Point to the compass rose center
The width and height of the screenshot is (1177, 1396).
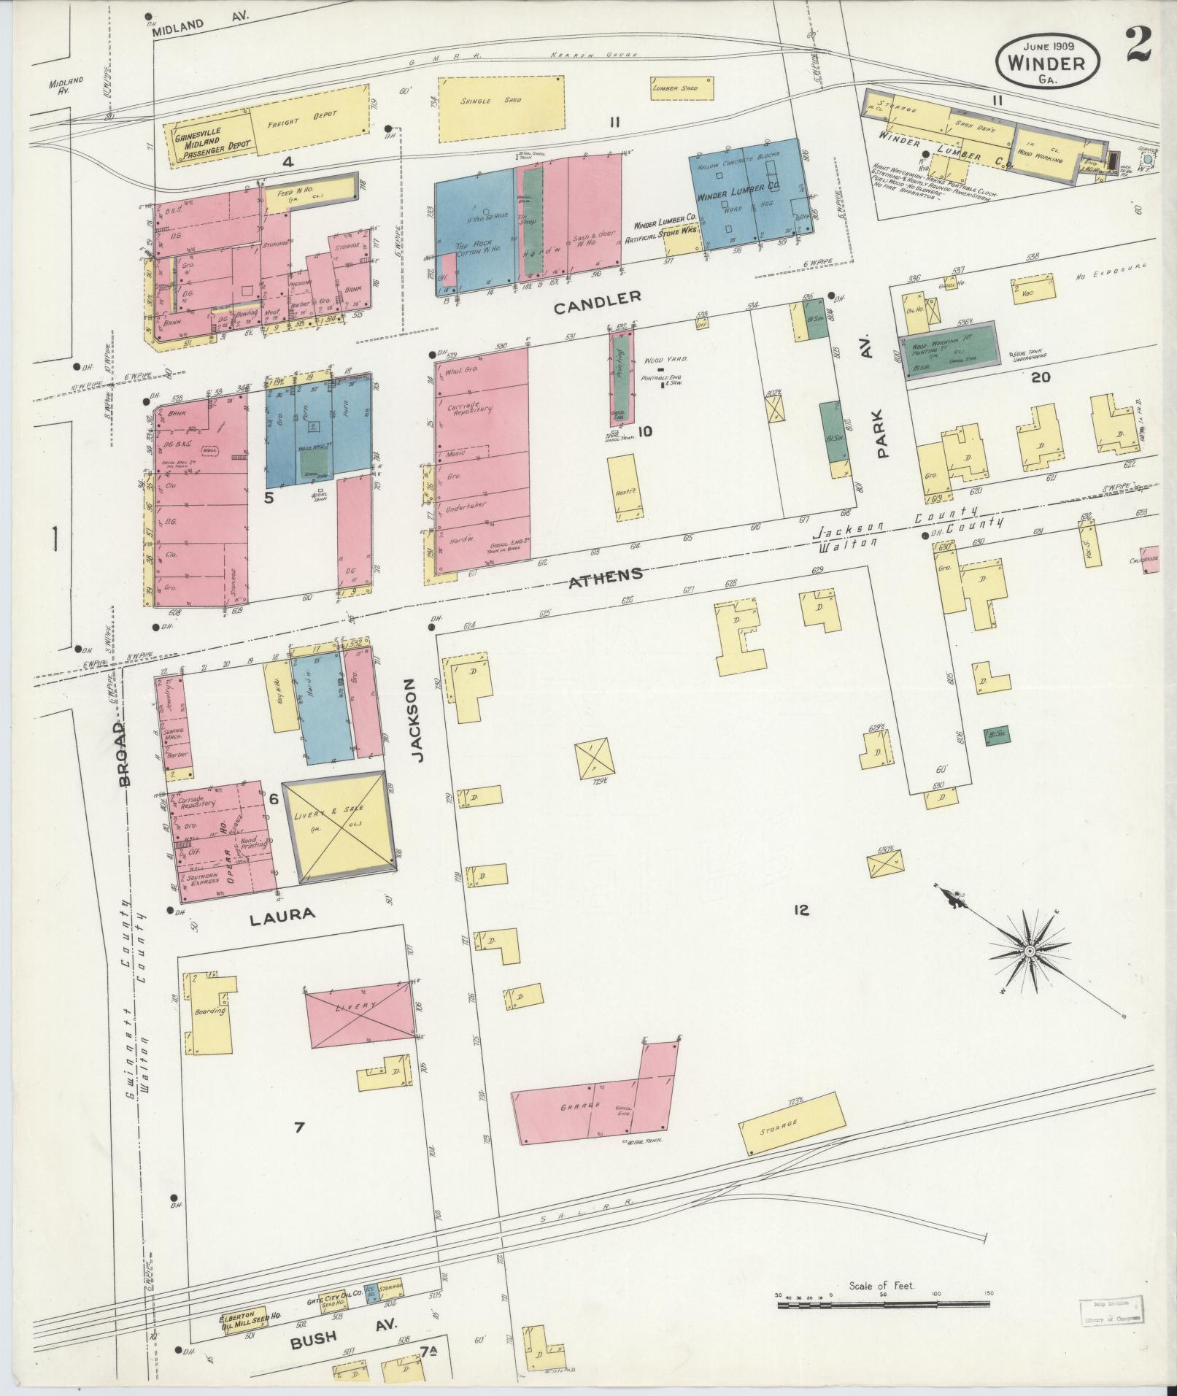1029,952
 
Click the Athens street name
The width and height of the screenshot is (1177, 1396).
606,575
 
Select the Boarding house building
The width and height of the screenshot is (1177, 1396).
212,1013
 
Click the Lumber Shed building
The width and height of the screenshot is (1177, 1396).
680,88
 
